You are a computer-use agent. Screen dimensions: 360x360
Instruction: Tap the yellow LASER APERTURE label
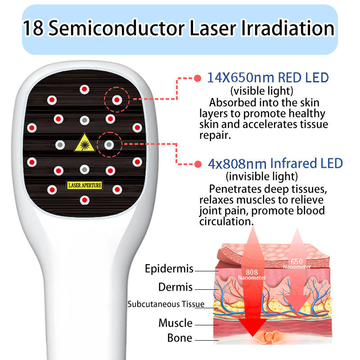(x=84, y=184)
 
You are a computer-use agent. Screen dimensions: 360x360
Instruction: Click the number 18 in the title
(x=33, y=29)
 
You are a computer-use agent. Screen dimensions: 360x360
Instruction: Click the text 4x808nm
(x=237, y=163)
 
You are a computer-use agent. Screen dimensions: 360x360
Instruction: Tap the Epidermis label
(x=169, y=269)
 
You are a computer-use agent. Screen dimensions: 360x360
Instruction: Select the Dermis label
(x=175, y=287)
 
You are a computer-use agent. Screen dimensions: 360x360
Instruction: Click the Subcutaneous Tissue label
(x=166, y=304)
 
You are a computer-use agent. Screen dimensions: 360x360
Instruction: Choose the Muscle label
(x=175, y=323)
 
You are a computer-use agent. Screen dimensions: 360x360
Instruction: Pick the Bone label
(x=180, y=338)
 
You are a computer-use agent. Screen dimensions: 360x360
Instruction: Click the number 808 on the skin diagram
(x=252, y=272)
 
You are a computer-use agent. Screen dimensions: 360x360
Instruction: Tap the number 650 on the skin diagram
(x=296, y=261)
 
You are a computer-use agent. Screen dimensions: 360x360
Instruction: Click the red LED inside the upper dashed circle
(x=117, y=99)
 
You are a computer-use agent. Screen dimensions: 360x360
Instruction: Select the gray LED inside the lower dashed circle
(x=108, y=144)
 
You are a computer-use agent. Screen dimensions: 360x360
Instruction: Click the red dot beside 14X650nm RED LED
(x=197, y=78)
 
